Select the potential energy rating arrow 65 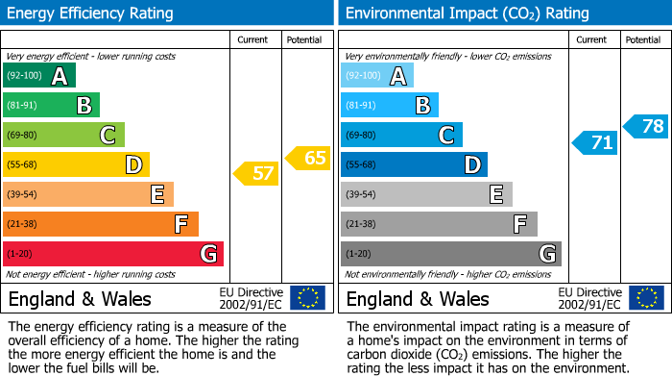coord(308,158)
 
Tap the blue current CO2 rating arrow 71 coord(594,143)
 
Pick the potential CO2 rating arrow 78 coord(646,126)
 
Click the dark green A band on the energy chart coord(39,76)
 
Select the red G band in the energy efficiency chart coord(113,254)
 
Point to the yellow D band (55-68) coord(77,165)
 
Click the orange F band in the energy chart coord(101,224)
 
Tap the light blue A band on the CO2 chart coord(377,76)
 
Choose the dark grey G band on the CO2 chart coord(451,254)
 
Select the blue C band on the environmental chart coord(402,136)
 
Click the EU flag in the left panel coord(308,298)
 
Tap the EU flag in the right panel coord(646,298)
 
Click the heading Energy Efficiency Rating coord(91,13)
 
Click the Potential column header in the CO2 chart coord(643,39)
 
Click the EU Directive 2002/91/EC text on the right coord(588,298)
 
